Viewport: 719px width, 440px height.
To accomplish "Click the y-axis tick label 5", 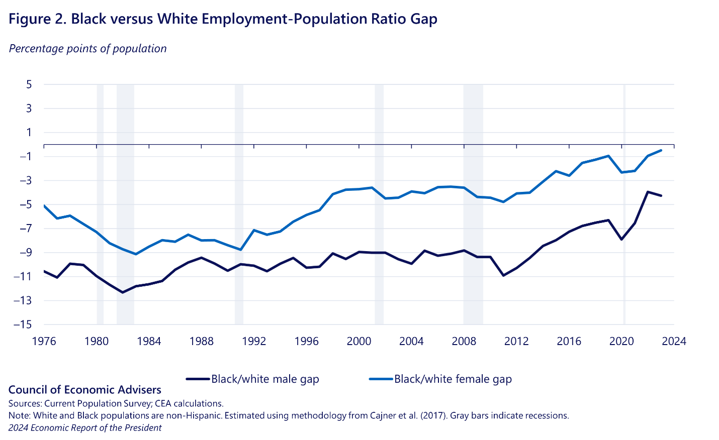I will pyautogui.click(x=29, y=84).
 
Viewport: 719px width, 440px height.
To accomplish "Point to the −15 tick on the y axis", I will pyautogui.click(x=24, y=324).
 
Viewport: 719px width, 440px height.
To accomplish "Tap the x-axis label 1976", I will pyautogui.click(x=44, y=342).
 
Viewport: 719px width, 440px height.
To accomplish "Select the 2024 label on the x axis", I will pyautogui.click(x=674, y=342).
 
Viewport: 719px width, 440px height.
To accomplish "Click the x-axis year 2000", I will pyautogui.click(x=359, y=342).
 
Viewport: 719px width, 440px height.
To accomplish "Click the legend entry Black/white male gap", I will pyautogui.click(x=264, y=379).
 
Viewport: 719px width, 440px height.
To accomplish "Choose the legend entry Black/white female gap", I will pyautogui.click(x=453, y=379).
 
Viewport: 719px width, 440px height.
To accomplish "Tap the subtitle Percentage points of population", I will pyautogui.click(x=87, y=49).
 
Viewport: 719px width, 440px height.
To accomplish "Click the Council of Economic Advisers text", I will pyautogui.click(x=85, y=390).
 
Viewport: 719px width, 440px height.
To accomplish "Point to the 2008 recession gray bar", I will pyautogui.click(x=473, y=201).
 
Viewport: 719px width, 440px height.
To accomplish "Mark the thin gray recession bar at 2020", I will pyautogui.click(x=624, y=201).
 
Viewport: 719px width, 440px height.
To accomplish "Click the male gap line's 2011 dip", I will pyautogui.click(x=503, y=275).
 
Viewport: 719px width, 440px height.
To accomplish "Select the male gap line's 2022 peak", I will pyautogui.click(x=648, y=192).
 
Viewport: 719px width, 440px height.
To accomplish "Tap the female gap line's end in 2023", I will pyautogui.click(x=661, y=150).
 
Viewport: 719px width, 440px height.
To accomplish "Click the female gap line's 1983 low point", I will pyautogui.click(x=136, y=254).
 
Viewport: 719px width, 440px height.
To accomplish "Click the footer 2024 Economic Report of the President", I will pyautogui.click(x=85, y=428).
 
